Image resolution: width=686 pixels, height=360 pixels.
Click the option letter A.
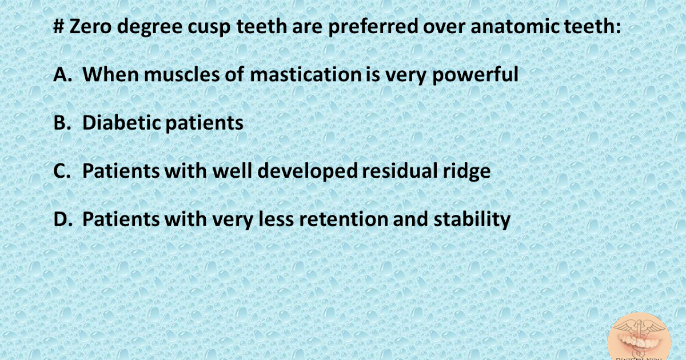[61, 74]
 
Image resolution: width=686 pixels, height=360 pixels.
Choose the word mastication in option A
[304, 74]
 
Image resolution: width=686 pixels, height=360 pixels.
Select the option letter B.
[61, 123]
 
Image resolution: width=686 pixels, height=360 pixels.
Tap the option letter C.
[61, 171]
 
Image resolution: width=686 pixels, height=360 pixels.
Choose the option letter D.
[61, 219]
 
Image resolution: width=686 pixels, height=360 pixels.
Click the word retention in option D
[341, 219]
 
